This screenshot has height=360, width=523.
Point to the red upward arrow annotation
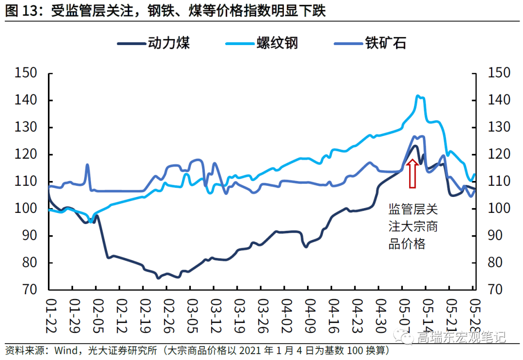tap(412, 174)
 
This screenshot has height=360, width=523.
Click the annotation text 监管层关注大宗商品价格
tap(413, 227)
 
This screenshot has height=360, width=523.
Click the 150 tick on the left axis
tap(27, 73)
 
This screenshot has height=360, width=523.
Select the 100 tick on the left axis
tap(27, 209)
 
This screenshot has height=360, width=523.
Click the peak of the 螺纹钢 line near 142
tap(418, 96)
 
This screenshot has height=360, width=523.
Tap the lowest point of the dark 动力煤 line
tap(158, 278)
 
